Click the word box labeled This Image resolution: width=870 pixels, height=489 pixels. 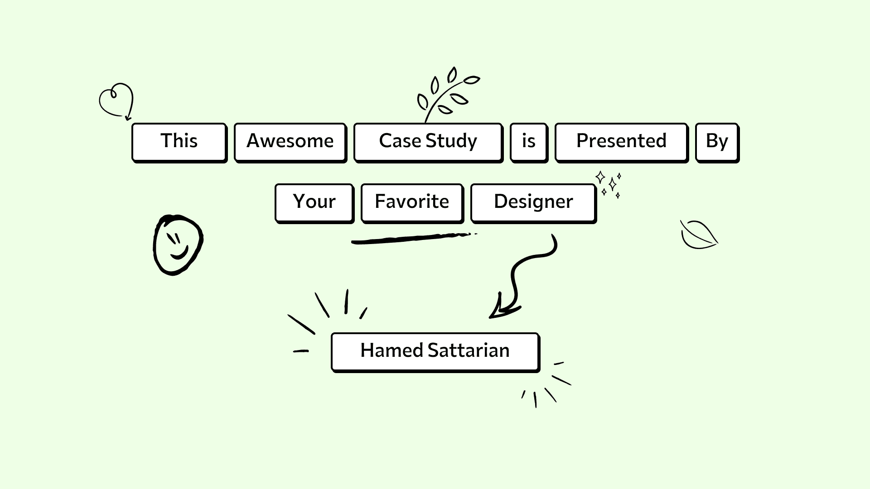click(179, 142)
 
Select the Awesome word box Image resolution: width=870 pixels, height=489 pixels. click(290, 142)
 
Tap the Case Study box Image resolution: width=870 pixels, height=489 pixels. click(428, 142)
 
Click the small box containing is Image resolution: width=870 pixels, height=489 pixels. click(528, 142)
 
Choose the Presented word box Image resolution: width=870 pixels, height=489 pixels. click(621, 142)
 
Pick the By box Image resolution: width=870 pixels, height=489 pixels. click(717, 142)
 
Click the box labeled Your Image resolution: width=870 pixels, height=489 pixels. click(314, 202)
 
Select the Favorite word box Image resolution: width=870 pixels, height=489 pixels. click(412, 202)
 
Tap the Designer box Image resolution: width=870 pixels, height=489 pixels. click(533, 202)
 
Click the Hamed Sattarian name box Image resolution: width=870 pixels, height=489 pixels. click(435, 351)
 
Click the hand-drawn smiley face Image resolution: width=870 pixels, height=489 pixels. click(178, 244)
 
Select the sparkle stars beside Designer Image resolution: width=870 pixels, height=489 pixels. click(610, 184)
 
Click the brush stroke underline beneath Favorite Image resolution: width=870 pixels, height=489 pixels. click(412, 239)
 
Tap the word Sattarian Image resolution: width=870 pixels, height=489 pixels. click(469, 350)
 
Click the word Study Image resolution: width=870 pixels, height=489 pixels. click(451, 141)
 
